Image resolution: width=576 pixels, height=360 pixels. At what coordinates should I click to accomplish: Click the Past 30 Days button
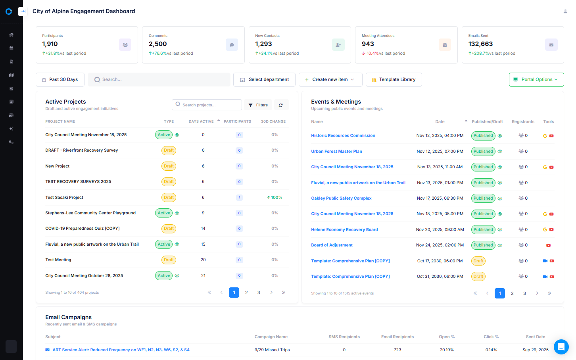60,79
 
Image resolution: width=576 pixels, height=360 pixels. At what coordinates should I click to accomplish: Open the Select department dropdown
264,79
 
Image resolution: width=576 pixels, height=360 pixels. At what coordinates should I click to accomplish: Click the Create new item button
330,79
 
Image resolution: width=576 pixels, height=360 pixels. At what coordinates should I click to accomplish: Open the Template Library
394,79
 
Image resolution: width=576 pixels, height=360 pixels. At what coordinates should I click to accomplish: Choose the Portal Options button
536,79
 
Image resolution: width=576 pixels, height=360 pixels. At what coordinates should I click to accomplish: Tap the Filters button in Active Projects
258,105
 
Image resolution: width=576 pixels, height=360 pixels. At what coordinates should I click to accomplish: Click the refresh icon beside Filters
281,105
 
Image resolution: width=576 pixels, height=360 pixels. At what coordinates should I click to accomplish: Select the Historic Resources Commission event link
343,136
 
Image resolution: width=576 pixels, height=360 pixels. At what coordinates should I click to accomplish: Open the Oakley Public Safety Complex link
341,198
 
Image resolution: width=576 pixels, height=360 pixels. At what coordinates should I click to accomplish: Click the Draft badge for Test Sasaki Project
169,197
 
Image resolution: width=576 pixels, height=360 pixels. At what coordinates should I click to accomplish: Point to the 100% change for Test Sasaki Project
275,197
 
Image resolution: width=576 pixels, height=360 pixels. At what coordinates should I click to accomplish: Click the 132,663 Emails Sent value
480,44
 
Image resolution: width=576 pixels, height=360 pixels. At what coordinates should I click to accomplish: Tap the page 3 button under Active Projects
259,293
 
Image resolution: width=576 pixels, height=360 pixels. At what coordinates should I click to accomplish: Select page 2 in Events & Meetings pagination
512,293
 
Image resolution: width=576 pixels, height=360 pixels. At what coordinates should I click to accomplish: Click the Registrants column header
523,122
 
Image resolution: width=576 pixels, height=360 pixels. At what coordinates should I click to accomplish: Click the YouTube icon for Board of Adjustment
548,245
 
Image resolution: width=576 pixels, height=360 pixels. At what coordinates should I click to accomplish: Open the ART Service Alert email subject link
121,350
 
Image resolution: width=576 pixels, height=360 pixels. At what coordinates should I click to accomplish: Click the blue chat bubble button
561,347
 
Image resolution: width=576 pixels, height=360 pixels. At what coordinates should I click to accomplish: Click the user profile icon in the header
565,12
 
